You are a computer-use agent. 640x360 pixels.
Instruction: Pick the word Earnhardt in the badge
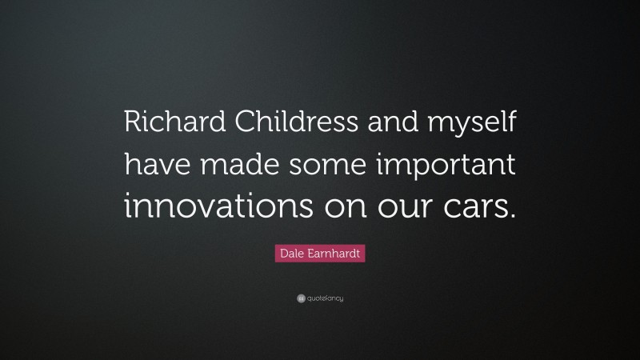pyautogui.click(x=330, y=254)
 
